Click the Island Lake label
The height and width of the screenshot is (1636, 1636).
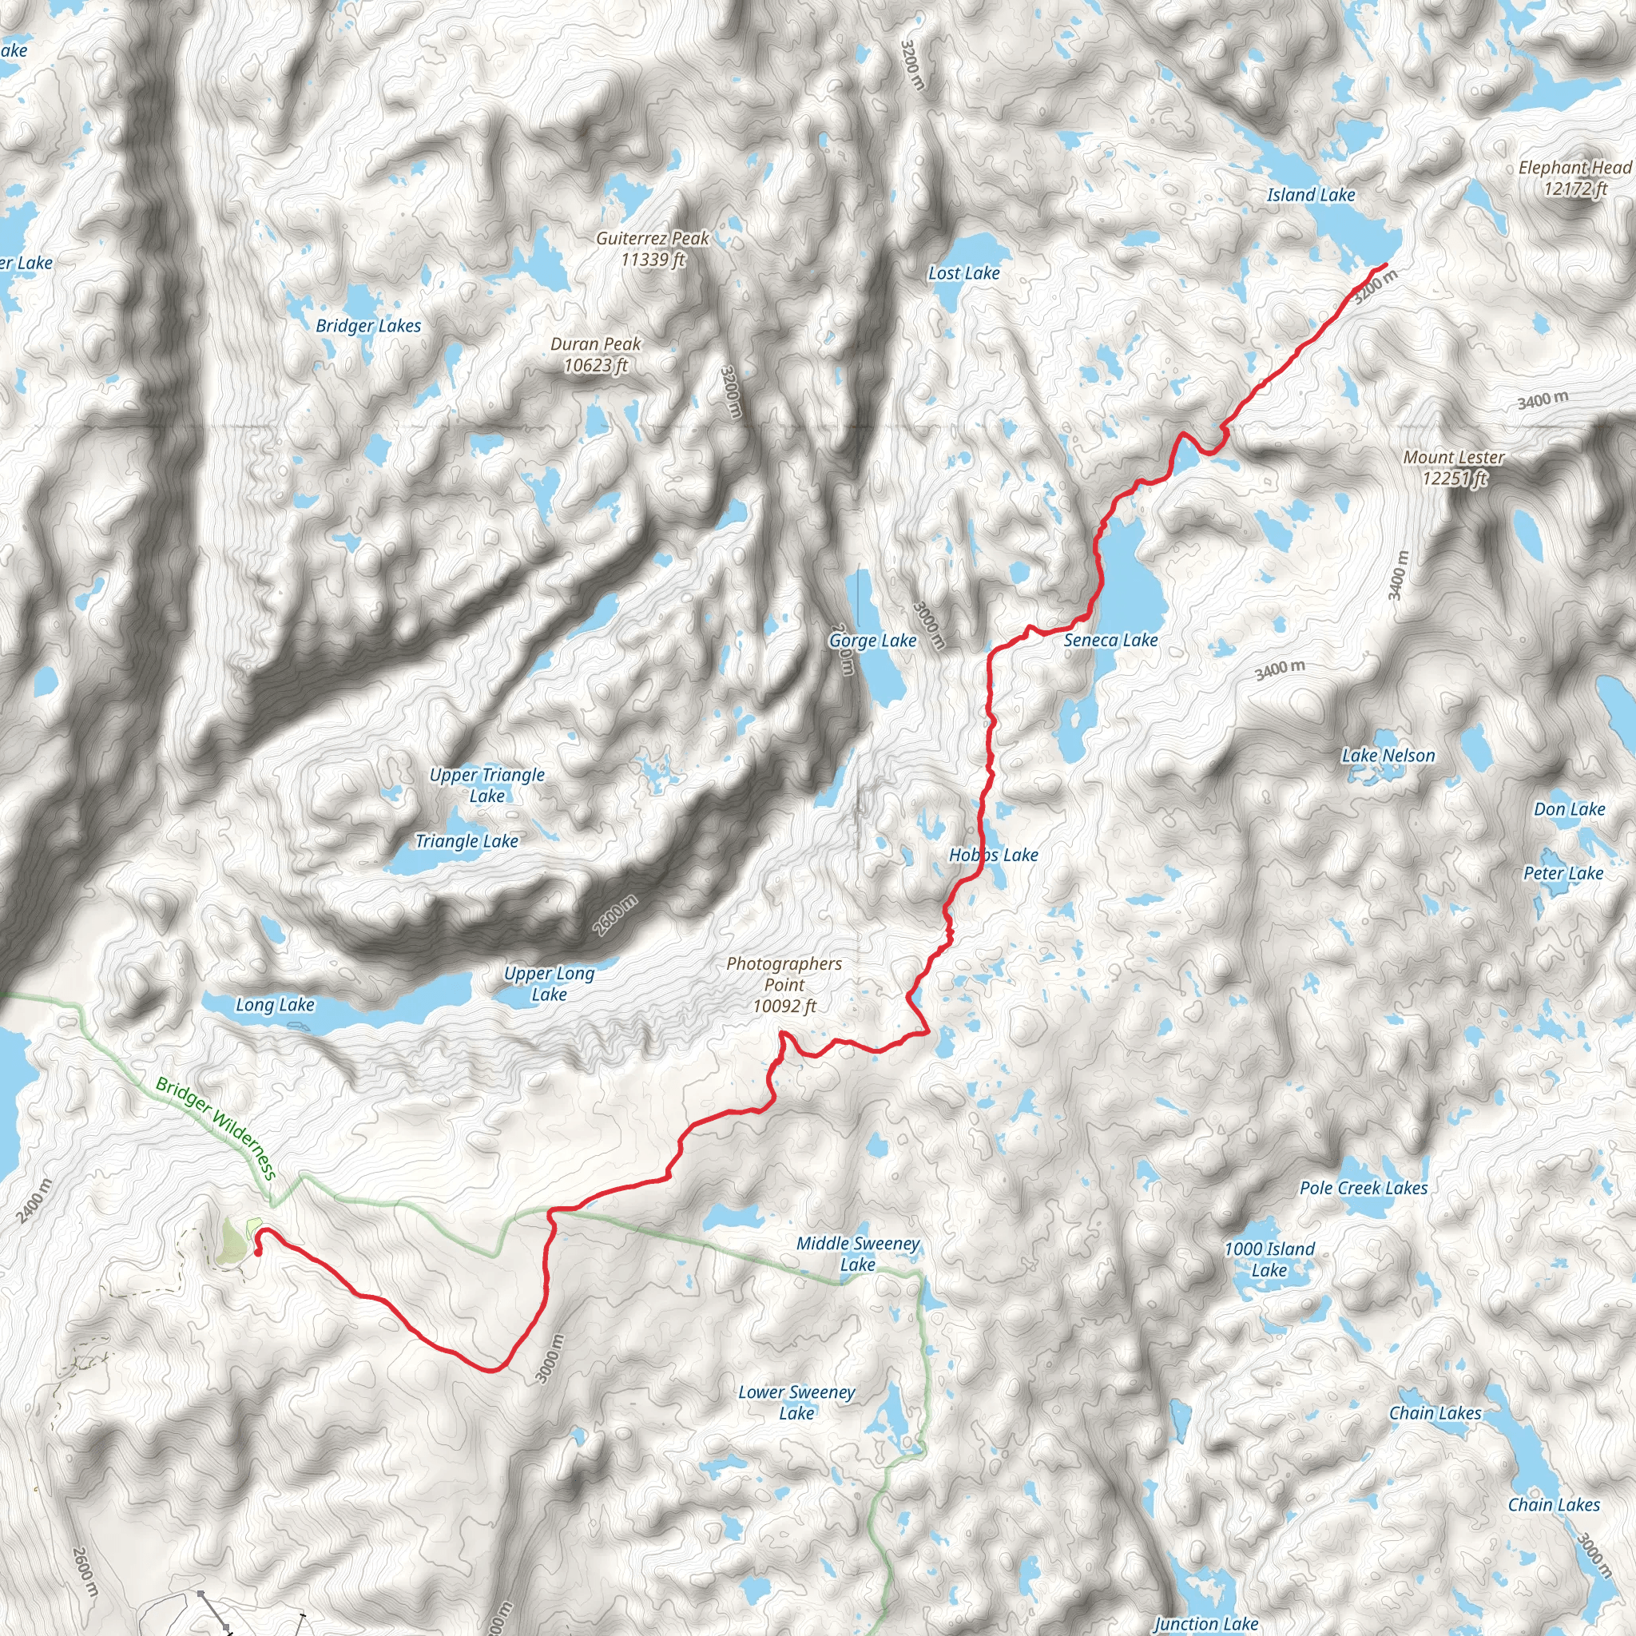pyautogui.click(x=1311, y=195)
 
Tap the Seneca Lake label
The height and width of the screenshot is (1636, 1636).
pyautogui.click(x=1110, y=640)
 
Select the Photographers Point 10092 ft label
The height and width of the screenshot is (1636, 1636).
pyautogui.click(x=784, y=984)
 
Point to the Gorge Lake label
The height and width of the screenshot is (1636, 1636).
pyautogui.click(x=872, y=640)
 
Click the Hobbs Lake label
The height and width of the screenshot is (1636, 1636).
pyautogui.click(x=993, y=855)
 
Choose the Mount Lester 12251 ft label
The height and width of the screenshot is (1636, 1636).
pyautogui.click(x=1453, y=467)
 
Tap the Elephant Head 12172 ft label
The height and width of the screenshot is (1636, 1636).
pyautogui.click(x=1574, y=178)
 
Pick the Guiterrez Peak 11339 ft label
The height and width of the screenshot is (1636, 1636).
pyautogui.click(x=652, y=249)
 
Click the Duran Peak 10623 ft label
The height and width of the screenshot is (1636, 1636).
pyautogui.click(x=595, y=355)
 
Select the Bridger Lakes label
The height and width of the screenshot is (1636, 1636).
pyautogui.click(x=368, y=325)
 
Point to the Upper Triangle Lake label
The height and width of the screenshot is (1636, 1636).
pyautogui.click(x=487, y=785)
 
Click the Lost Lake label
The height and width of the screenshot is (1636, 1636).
pyautogui.click(x=963, y=272)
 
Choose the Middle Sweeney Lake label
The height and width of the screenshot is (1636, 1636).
pyautogui.click(x=857, y=1253)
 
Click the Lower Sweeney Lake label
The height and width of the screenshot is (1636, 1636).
pyautogui.click(x=796, y=1402)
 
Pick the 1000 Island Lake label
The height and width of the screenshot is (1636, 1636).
pyautogui.click(x=1269, y=1259)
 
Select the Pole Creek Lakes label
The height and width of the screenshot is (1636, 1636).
pyautogui.click(x=1364, y=1188)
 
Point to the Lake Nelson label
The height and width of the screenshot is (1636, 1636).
pyautogui.click(x=1388, y=756)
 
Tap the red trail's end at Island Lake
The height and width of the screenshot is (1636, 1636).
pyautogui.click(x=1385, y=265)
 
